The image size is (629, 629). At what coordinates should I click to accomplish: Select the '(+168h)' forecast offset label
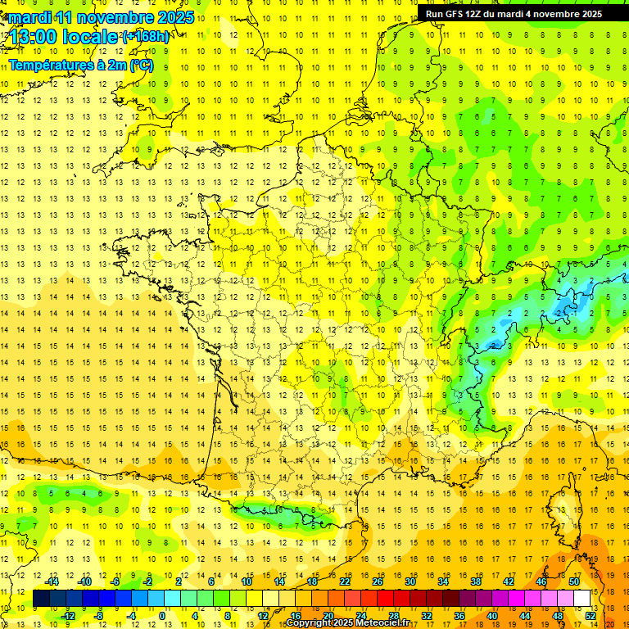click(146, 36)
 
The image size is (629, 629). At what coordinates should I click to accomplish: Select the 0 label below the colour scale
click(162, 616)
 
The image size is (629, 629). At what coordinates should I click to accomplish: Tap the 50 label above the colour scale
click(574, 581)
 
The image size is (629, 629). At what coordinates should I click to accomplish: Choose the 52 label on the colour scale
click(591, 616)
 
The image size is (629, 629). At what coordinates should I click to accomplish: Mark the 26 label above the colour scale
click(378, 581)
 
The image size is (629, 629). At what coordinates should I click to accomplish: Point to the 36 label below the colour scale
click(459, 616)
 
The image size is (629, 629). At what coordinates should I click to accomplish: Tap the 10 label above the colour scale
click(247, 581)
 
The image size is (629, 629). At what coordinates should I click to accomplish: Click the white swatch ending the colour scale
click(582, 599)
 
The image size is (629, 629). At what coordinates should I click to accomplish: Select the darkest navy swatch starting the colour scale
click(41, 599)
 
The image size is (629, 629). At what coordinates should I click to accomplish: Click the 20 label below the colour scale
click(328, 616)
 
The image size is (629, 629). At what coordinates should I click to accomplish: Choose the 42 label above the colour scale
click(509, 581)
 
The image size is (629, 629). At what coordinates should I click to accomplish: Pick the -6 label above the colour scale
click(117, 581)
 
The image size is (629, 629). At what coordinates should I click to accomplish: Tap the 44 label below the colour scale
click(525, 616)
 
